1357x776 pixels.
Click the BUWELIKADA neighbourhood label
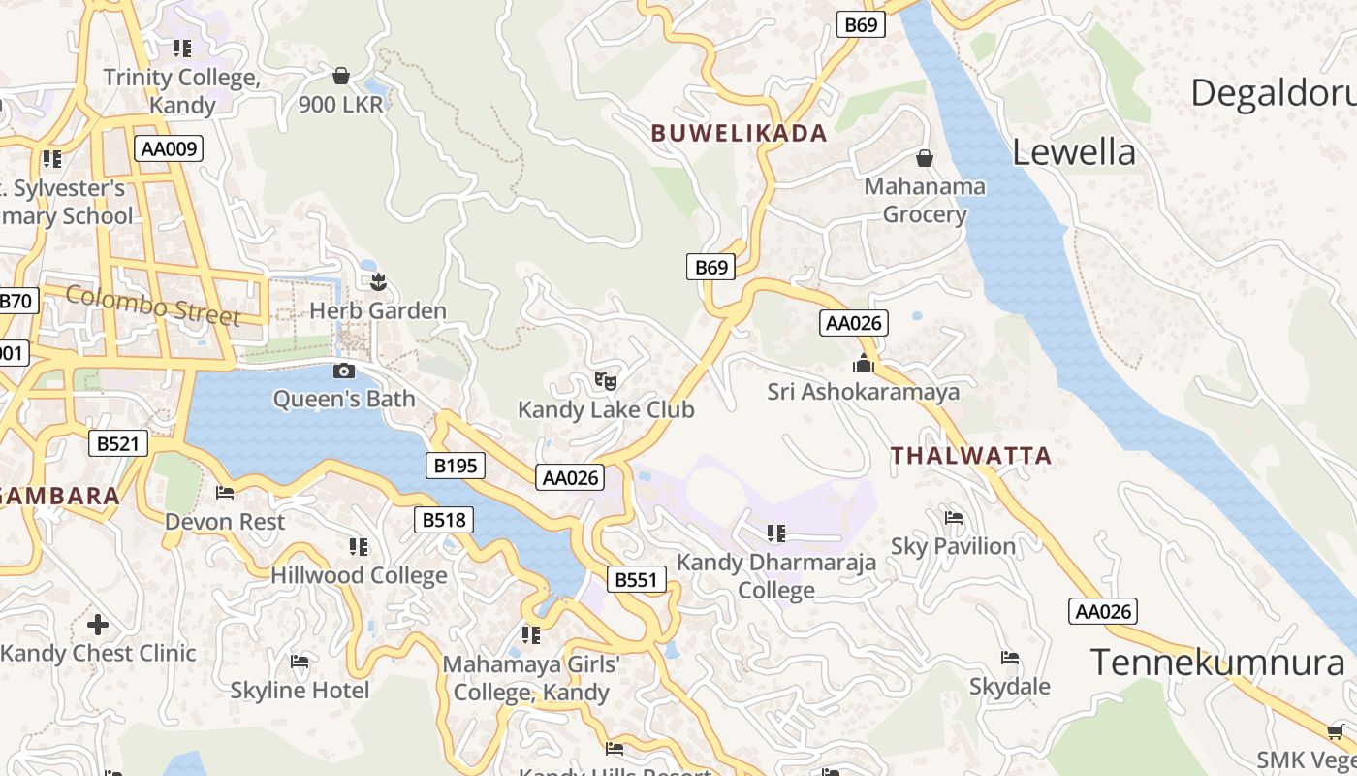[740, 134]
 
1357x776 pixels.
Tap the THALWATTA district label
[970, 455]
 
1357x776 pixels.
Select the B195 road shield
[456, 466]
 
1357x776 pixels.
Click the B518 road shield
[445, 520]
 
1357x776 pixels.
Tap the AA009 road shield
[170, 148]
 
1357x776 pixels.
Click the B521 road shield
[119, 444]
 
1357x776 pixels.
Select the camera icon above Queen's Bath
[343, 371]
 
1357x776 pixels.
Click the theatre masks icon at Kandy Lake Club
[606, 380]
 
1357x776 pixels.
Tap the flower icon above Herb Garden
[378, 282]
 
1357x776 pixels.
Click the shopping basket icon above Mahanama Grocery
[925, 157]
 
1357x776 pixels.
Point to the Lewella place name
[1073, 152]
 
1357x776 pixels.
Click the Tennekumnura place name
[1217, 663]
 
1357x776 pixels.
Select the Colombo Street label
[153, 305]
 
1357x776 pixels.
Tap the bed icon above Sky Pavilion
[954, 518]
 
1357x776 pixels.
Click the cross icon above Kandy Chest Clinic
[98, 624]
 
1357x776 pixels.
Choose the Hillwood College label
[359, 575]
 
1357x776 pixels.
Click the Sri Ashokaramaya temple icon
[863, 364]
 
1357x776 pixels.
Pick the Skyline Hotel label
[300, 691]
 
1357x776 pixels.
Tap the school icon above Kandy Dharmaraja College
[775, 533]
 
